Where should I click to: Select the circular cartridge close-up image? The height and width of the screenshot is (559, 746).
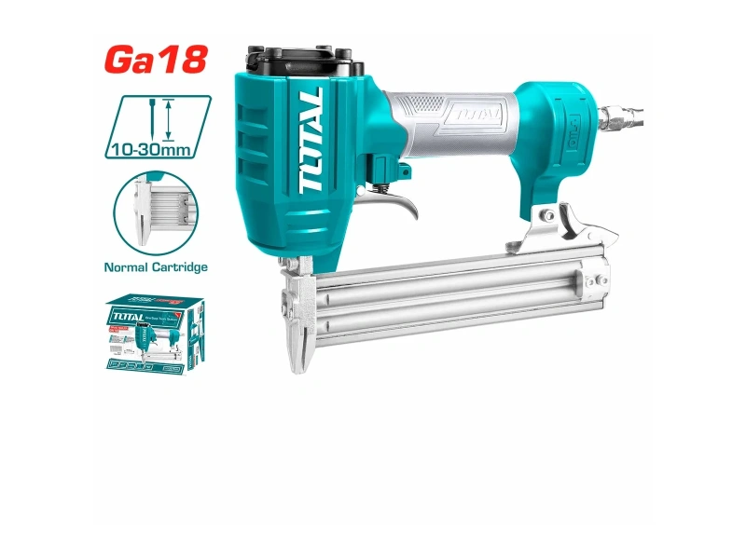coord(155,211)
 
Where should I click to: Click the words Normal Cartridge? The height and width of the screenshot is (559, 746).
coord(155,266)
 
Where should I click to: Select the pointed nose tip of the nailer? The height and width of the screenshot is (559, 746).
coord(297,359)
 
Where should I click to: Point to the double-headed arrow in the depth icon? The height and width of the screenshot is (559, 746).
coord(168,118)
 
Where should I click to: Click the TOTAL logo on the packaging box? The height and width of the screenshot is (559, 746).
coord(126,316)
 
